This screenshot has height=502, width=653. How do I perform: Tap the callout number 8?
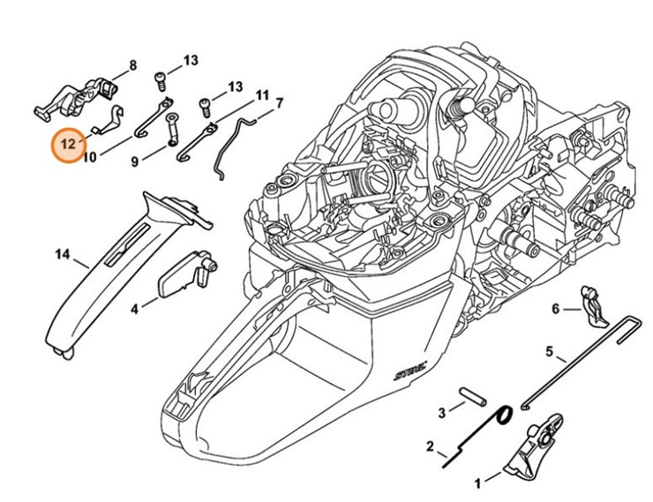click(133, 65)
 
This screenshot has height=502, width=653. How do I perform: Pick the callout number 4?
click(134, 309)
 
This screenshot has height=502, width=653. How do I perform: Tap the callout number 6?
click(555, 308)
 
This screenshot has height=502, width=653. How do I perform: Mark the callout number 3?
click(441, 412)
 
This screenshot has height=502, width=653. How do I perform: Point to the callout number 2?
click(430, 446)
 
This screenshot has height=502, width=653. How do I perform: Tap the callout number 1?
click(478, 483)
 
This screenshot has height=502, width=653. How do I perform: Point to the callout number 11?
click(262, 94)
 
